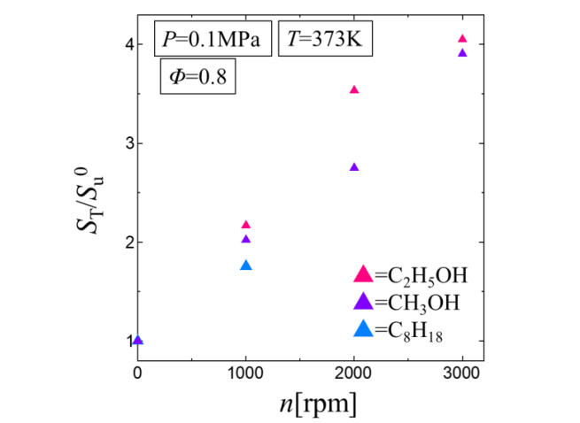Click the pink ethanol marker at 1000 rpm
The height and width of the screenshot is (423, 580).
pyautogui.click(x=246, y=225)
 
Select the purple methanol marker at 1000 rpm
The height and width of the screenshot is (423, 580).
pyautogui.click(x=246, y=239)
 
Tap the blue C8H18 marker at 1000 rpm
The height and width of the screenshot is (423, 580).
pyautogui.click(x=246, y=265)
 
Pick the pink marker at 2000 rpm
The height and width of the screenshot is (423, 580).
pyautogui.click(x=354, y=90)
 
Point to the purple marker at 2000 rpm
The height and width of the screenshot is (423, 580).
pyautogui.click(x=354, y=167)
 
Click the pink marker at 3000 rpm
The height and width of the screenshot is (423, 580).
pyautogui.click(x=462, y=39)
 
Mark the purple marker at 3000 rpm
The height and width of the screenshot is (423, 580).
pyautogui.click(x=462, y=53)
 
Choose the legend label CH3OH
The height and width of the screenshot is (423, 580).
pyautogui.click(x=415, y=304)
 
